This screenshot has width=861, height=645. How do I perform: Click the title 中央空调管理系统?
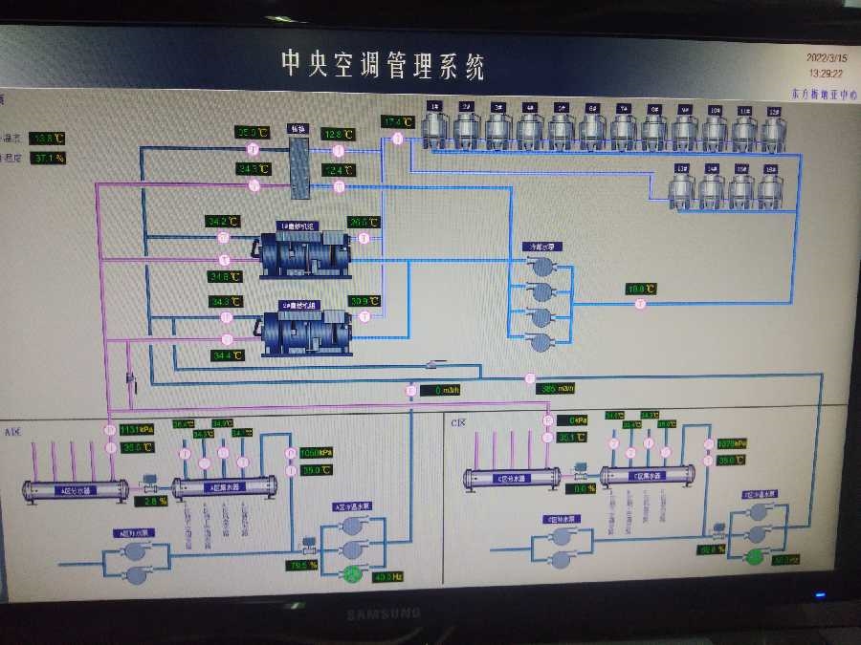(x=383, y=64)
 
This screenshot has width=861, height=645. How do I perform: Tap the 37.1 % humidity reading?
(x=47, y=158)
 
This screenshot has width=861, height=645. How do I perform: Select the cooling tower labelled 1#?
(x=436, y=126)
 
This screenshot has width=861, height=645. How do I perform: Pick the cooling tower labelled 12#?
(x=775, y=126)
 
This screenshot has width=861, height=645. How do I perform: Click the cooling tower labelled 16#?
(x=770, y=188)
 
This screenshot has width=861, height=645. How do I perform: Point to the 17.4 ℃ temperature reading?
(x=397, y=122)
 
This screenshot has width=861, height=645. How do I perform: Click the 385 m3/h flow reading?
(x=557, y=389)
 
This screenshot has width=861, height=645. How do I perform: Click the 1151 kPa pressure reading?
(x=137, y=430)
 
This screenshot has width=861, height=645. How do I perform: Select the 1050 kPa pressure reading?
(x=317, y=453)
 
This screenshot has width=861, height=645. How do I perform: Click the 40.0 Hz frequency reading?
(x=387, y=576)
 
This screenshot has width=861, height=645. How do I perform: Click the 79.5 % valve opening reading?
(x=302, y=565)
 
